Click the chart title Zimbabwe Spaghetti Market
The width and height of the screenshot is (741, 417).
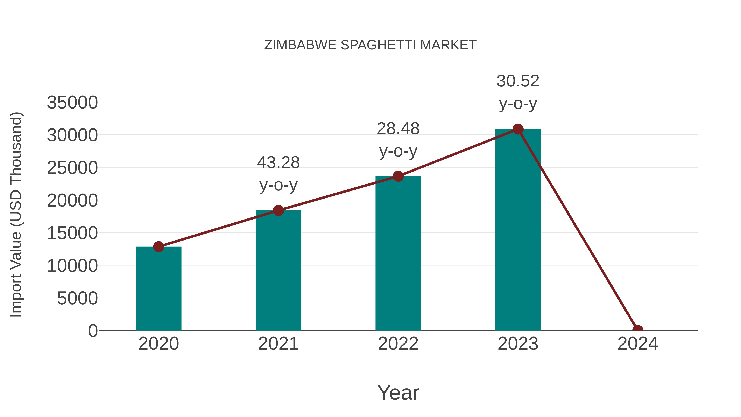pyautogui.click(x=370, y=45)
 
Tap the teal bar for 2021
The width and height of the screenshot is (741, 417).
pyautogui.click(x=278, y=271)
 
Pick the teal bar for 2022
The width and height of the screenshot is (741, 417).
pyautogui.click(x=398, y=253)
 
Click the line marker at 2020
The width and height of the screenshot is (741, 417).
pyautogui.click(x=158, y=247)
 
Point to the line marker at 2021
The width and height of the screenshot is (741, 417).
pyautogui.click(x=278, y=210)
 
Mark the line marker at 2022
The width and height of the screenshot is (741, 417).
pyautogui.click(x=398, y=176)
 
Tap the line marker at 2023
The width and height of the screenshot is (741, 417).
pyautogui.click(x=518, y=129)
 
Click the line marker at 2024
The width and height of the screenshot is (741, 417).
pyautogui.click(x=637, y=330)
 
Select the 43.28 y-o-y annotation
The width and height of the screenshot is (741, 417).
pyautogui.click(x=278, y=174)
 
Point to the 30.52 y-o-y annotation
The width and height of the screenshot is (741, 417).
pyautogui.click(x=518, y=92)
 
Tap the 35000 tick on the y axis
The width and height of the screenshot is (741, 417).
pyautogui.click(x=72, y=103)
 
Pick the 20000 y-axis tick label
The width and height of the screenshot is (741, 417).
pyautogui.click(x=72, y=200)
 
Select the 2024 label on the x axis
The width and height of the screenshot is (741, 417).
pyautogui.click(x=637, y=344)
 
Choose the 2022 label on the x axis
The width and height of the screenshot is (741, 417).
pyautogui.click(x=398, y=344)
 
